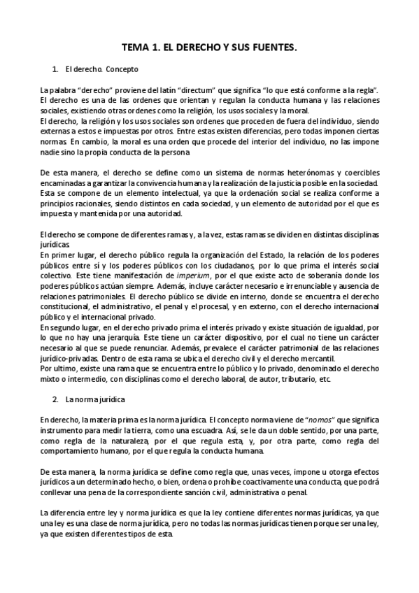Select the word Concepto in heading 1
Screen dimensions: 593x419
click(x=122, y=70)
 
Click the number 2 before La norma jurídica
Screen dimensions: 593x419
click(x=55, y=399)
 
